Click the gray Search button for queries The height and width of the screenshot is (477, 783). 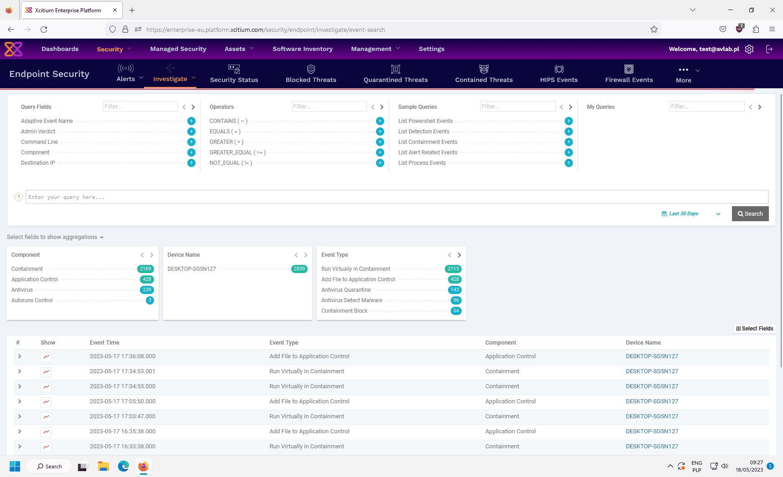750,214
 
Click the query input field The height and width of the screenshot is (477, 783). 397,197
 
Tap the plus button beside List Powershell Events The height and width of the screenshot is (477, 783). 568,121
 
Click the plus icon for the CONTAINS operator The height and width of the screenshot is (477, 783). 380,121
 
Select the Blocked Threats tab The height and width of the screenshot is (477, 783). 311,74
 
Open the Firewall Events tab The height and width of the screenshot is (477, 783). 629,74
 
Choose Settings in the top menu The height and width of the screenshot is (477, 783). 431,49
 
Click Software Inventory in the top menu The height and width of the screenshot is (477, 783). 303,49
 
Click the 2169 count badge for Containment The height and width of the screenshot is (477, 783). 146,269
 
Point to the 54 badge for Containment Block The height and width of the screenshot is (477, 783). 456,311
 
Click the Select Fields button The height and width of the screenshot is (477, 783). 754,329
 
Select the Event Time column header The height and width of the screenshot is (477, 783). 104,343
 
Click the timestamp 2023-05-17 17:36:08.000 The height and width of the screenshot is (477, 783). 123,356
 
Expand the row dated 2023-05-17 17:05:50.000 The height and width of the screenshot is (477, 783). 20,401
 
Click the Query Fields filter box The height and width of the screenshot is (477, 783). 140,107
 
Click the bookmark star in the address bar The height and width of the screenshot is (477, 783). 654,30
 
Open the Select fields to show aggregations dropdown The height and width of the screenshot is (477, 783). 55,237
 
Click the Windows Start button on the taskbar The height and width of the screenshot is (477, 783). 15,467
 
